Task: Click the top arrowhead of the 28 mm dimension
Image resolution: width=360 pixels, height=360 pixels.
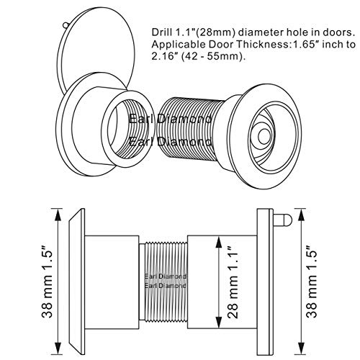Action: (x=218, y=243)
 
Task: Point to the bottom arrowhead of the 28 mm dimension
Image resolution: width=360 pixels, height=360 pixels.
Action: (x=218, y=322)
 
